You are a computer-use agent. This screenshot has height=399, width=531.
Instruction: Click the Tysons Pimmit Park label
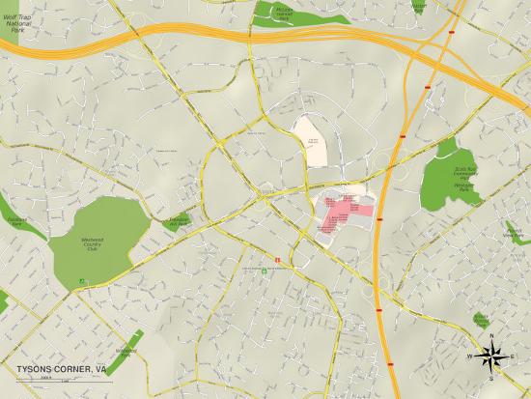click(481, 318)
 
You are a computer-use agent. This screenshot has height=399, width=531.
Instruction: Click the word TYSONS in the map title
click(35, 369)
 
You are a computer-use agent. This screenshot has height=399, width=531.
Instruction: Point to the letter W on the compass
click(470, 356)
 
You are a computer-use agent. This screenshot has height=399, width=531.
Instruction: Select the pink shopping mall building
click(344, 211)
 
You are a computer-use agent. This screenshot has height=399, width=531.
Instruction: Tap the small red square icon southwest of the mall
click(279, 260)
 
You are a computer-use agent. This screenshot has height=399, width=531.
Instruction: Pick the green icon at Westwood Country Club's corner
click(82, 282)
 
